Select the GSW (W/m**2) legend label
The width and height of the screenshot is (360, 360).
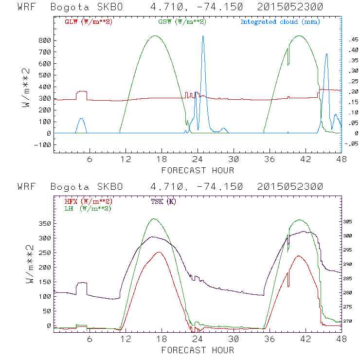click(181, 22)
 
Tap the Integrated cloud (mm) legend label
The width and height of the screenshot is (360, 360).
click(280, 22)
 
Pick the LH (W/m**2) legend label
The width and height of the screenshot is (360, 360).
click(88, 208)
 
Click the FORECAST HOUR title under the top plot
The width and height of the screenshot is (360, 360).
click(198, 170)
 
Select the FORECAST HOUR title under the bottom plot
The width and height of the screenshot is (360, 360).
click(198, 350)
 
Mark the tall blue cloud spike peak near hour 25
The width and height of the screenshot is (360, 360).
click(203, 36)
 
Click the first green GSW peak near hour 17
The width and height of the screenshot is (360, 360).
click(155, 36)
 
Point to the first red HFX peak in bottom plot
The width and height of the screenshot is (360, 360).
click(159, 252)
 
